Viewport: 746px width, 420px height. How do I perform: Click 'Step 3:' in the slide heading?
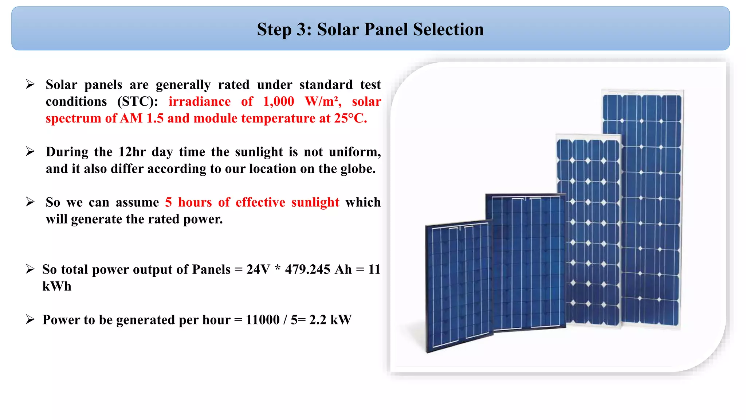(284, 29)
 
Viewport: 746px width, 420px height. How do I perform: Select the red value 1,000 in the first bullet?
(278, 101)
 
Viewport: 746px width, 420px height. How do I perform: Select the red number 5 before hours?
(168, 202)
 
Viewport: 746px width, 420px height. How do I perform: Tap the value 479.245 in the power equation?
(307, 269)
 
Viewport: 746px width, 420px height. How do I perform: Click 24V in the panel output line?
(258, 269)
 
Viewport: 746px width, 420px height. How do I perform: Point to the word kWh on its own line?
(57, 286)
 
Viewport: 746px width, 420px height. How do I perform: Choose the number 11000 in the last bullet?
(263, 320)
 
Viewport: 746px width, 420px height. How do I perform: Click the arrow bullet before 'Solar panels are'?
(30, 85)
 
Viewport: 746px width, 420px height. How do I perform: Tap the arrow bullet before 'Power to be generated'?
(30, 320)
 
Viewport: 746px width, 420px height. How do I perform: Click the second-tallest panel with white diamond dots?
(588, 230)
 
